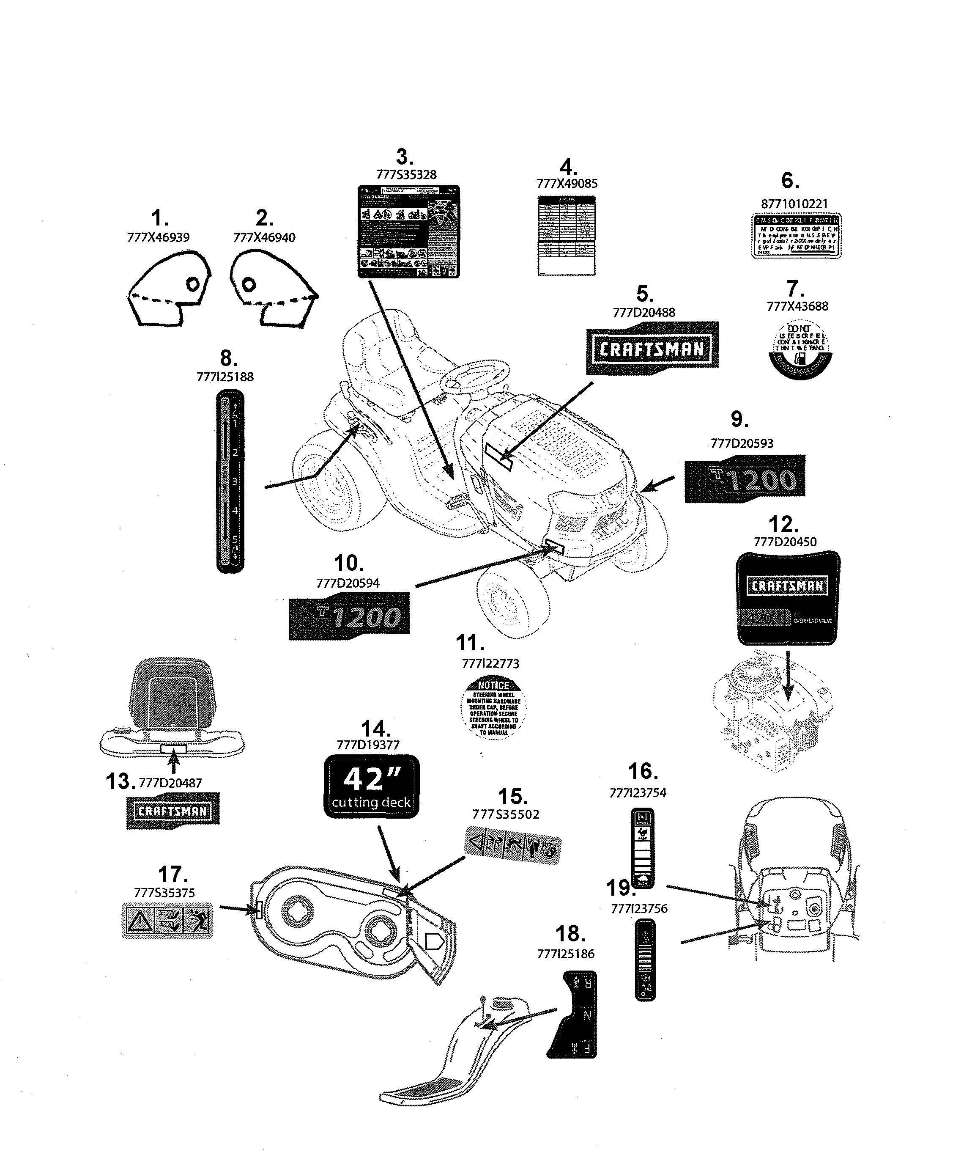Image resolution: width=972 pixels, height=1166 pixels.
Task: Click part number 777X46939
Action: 158,238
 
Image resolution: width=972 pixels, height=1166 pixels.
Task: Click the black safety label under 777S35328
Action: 408,231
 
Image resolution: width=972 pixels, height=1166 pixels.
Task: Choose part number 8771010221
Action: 794,204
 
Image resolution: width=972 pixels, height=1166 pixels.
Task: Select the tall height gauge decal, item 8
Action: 230,481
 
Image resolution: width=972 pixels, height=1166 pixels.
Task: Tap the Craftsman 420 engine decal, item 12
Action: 787,598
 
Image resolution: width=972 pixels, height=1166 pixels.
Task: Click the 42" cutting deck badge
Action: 371,786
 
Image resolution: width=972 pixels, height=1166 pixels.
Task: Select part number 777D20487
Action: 170,783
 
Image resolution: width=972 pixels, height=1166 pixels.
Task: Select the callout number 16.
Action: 643,771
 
